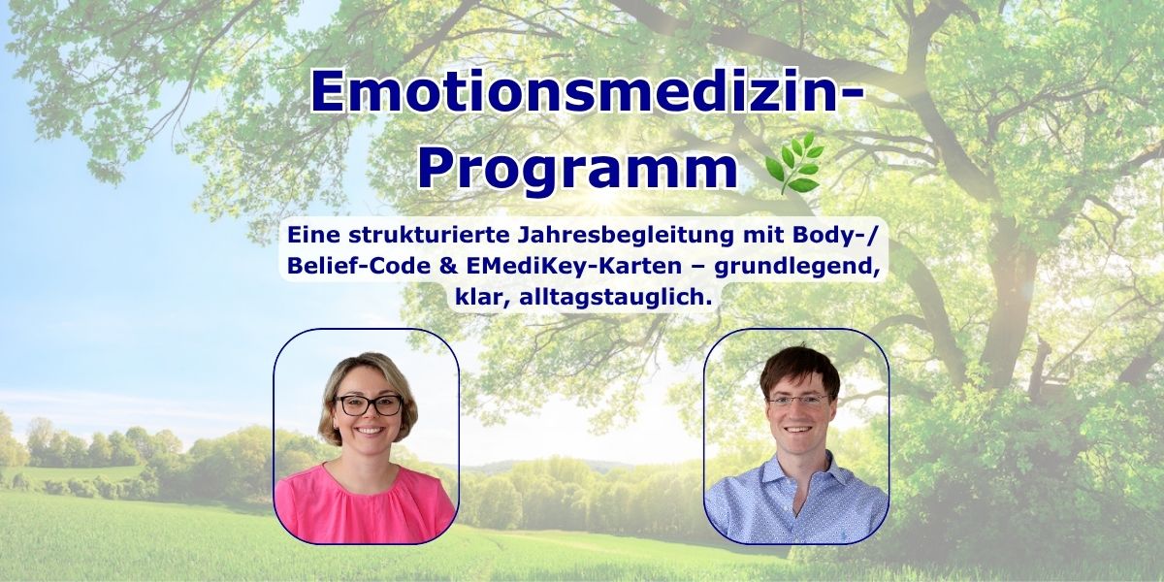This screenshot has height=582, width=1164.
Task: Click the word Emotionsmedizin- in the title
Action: (x=587, y=91)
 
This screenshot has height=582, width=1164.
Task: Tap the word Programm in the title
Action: (x=578, y=168)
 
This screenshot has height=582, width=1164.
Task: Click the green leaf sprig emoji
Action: (x=794, y=163)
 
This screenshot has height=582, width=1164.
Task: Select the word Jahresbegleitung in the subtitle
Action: (x=625, y=236)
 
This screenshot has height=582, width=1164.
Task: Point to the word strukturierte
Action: (x=430, y=235)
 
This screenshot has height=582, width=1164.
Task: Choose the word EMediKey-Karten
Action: (x=573, y=266)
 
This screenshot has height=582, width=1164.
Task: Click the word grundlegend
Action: (x=798, y=267)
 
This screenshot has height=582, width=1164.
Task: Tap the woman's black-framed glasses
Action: (x=369, y=405)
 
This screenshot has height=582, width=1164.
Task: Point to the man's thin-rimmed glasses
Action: (x=798, y=400)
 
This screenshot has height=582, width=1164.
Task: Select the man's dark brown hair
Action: (x=799, y=369)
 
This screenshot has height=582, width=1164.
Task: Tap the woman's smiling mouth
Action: (x=369, y=431)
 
